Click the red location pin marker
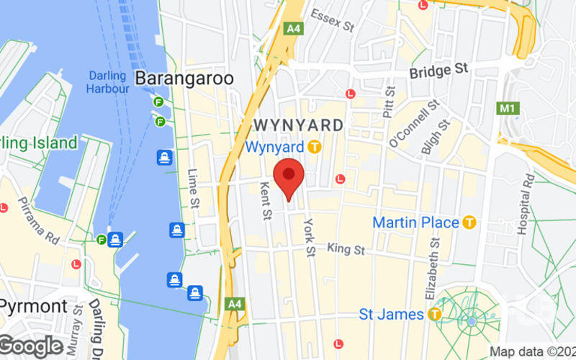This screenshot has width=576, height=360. pos(289,176)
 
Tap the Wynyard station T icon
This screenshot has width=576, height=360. pos(313,146)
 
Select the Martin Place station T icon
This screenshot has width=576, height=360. pos(469,222)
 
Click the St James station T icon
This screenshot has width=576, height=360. pos(435,314)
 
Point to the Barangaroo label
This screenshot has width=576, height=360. pos(184,78)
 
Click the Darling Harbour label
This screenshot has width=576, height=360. pos(108,82)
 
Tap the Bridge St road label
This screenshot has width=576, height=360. pos(438,71)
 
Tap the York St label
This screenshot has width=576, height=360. pos(310,237)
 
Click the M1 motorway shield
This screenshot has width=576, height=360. pos(509,108)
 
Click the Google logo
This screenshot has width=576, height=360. pos(32,346)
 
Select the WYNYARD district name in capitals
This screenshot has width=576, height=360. pos(298,125)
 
